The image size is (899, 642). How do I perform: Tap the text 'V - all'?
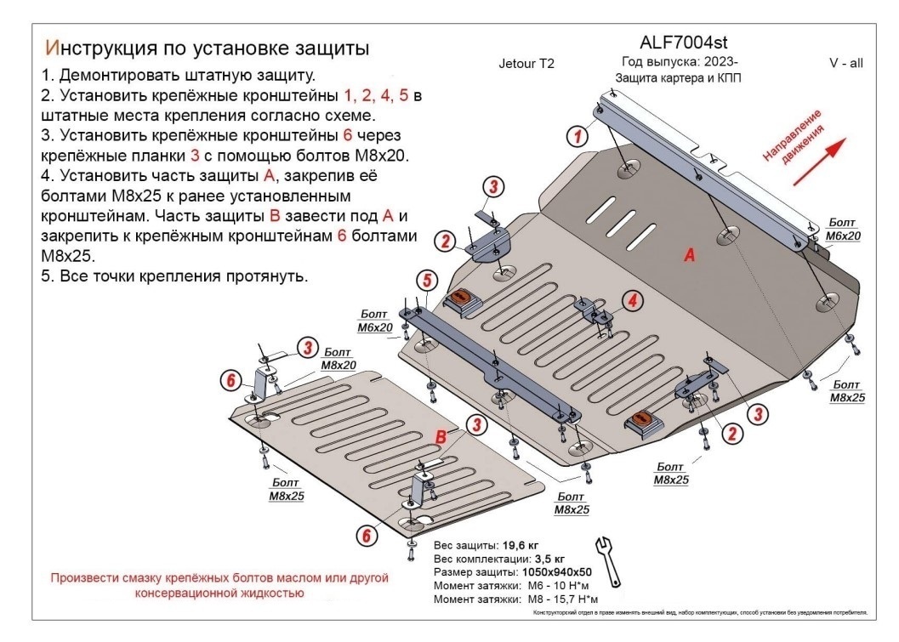845,63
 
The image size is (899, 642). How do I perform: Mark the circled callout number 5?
426,280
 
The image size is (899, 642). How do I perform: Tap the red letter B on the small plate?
441,436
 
